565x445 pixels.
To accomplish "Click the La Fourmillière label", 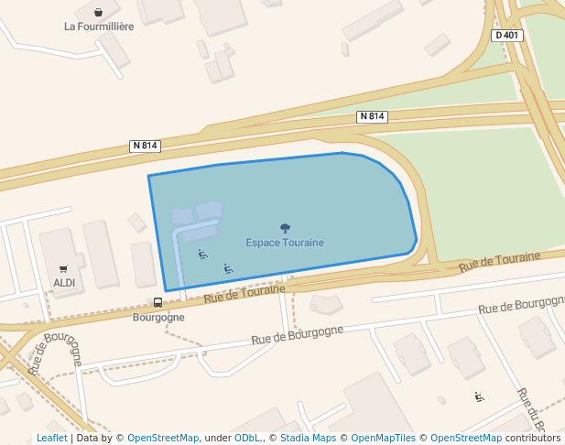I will pyautogui.click(x=99, y=27).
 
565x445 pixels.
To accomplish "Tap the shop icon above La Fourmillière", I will pyautogui.click(x=98, y=13).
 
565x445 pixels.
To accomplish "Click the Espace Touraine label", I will pyautogui.click(x=285, y=243).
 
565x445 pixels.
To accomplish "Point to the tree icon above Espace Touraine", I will pyautogui.click(x=285, y=228).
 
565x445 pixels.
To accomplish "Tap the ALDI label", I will pyautogui.click(x=64, y=283).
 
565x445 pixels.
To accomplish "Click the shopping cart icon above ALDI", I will pyautogui.click(x=63, y=269).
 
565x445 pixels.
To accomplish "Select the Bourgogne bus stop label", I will pyautogui.click(x=158, y=318).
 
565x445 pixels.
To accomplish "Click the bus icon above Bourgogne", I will pyautogui.click(x=158, y=303).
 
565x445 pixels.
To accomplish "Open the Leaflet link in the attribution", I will pyautogui.click(x=52, y=439).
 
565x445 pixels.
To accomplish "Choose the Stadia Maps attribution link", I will pyautogui.click(x=308, y=439).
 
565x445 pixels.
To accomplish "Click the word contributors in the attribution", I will pyautogui.click(x=533, y=439).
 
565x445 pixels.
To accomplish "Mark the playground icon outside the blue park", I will pyautogui.click(x=479, y=396).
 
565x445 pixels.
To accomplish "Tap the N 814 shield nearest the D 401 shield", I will pyautogui.click(x=373, y=116).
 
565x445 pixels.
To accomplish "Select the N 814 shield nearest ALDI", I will pyautogui.click(x=146, y=146).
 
